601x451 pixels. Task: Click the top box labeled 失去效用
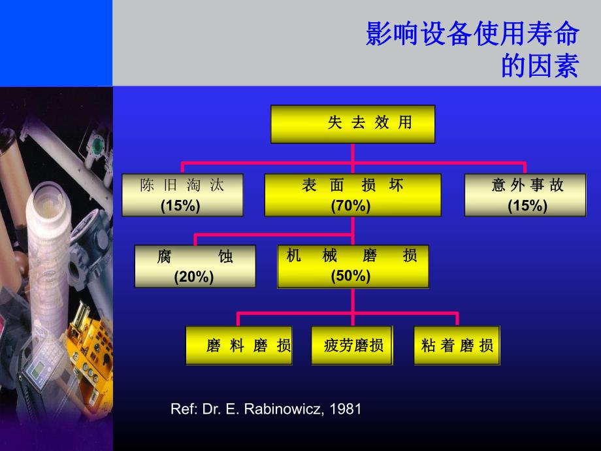[x=353, y=124]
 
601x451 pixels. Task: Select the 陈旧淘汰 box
[x=182, y=194]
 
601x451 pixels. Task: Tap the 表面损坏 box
[x=353, y=194]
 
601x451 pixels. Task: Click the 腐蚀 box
[x=195, y=266]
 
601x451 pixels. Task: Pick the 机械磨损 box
[x=353, y=266]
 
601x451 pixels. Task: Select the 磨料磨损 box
[x=238, y=345]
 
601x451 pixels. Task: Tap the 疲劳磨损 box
[x=353, y=345]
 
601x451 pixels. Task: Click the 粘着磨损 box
[x=457, y=345]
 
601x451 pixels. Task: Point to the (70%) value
[x=351, y=205]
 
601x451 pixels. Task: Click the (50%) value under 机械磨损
[x=351, y=276]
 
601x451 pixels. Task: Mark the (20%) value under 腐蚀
[x=194, y=277]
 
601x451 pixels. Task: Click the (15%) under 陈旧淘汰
[x=180, y=205]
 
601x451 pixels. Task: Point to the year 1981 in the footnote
[x=346, y=409]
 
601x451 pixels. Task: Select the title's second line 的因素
[x=539, y=66]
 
